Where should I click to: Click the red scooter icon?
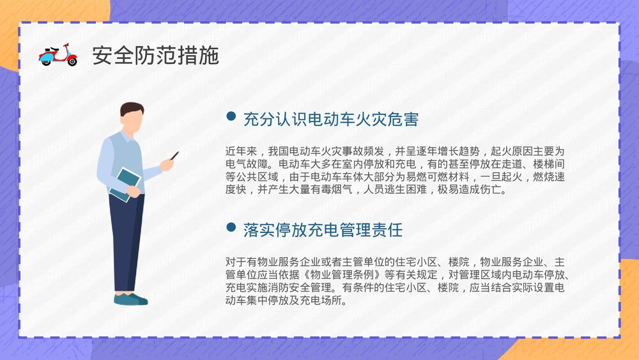click(58, 55)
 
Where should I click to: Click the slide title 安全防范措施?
click(155, 56)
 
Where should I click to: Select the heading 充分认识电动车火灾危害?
click(330, 119)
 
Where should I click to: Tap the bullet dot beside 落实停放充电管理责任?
click(231, 227)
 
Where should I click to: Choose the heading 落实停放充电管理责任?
click(323, 230)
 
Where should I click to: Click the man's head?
click(132, 118)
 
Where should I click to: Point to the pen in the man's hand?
click(173, 155)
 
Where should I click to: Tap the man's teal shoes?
click(130, 299)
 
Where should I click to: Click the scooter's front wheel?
click(72, 62)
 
